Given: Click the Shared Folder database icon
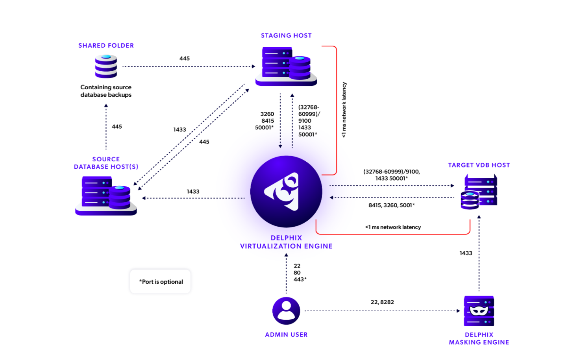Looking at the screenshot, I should pos(106,66).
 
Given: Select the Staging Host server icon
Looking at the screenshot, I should pos(286,66).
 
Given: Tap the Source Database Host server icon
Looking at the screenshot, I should pos(106,196).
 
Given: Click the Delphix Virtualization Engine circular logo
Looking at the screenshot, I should pos(286,192).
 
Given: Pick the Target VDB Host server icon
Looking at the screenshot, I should pos(479,192).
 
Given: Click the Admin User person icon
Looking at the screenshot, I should pos(286,310).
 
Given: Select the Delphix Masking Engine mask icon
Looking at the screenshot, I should pos(479,310).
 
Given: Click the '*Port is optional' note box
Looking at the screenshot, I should pos(161,282).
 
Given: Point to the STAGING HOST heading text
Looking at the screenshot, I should pos(286,35).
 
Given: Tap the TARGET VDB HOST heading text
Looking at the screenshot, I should pos(479,165).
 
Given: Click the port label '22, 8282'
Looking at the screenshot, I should pos(382,302).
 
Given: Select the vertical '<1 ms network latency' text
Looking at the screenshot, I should pos(344,110).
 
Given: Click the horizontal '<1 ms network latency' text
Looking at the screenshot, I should pos(393,227).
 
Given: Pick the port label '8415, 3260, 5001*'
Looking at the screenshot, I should pos(392,205).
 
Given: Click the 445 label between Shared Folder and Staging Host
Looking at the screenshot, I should pos(185,58).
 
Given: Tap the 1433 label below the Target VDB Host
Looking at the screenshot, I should pos(466,253).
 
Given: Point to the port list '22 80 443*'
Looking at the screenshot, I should pos(299,273).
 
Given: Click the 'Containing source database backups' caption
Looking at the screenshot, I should pos(106,91).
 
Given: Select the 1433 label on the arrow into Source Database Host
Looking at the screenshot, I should pos(193,192).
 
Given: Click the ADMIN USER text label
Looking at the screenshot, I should pos(286,334).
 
